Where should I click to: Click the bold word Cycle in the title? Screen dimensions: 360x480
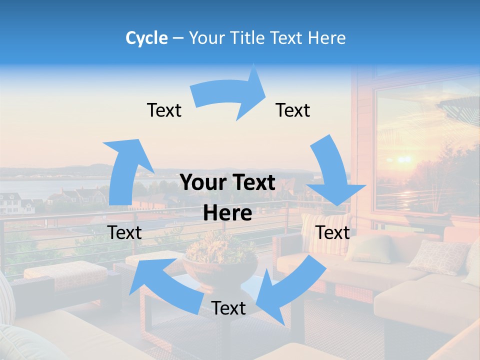point(146,38)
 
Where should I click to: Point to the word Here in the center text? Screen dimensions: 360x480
point(227,213)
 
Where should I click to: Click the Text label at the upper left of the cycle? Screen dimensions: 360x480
point(164,110)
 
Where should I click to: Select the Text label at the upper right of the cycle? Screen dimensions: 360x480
point(293,110)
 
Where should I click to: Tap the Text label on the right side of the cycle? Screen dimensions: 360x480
point(333,232)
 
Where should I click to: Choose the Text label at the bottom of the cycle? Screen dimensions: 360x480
point(228,308)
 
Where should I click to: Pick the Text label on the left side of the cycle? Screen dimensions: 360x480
point(125,232)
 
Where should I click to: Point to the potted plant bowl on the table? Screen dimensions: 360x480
point(220,262)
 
